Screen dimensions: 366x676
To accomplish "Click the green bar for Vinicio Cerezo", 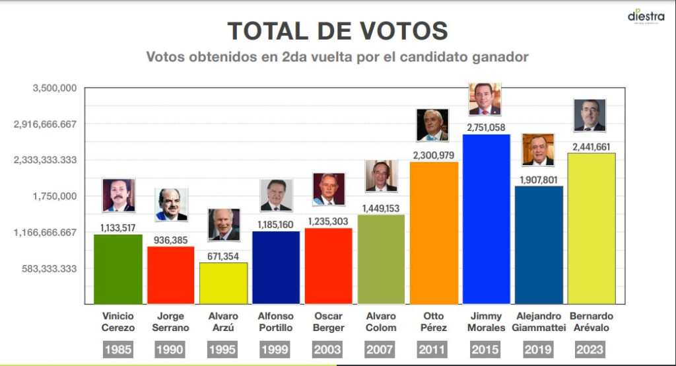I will point(118,269).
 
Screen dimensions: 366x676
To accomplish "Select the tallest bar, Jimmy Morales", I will point(487,219).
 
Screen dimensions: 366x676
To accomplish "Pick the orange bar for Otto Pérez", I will point(434,233).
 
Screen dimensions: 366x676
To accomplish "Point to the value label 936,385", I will point(171,240).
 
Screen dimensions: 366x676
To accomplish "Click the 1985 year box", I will point(118,349).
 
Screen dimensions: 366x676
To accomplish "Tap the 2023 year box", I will point(591,349).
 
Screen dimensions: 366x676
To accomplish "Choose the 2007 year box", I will point(381,349).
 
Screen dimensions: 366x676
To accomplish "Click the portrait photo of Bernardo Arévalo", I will point(590,116).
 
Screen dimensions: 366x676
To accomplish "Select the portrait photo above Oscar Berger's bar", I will point(329,190).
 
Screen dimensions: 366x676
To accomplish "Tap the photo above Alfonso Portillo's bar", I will point(276,196).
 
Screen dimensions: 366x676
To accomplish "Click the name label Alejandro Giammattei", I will point(539,322).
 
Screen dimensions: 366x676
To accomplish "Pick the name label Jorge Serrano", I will point(171,322).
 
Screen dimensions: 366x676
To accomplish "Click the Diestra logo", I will point(646,16).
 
